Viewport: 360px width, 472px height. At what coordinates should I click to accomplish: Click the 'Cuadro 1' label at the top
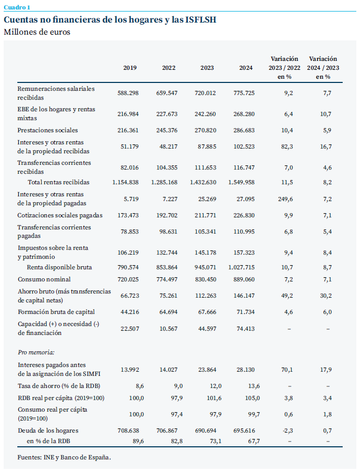[x=17, y=7]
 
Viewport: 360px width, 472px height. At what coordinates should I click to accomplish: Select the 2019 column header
[x=130, y=68]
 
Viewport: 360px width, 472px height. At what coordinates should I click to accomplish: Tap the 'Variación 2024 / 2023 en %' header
[x=323, y=68]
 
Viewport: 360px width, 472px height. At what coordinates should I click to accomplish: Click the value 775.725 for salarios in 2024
[x=244, y=93]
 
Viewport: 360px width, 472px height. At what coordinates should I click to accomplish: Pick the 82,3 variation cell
[x=287, y=146]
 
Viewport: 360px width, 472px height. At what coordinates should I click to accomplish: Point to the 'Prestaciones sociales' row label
[x=48, y=130]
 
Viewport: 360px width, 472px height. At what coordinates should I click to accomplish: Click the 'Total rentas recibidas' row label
[x=59, y=182]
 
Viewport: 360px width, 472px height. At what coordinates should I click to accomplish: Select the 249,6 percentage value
[x=285, y=199]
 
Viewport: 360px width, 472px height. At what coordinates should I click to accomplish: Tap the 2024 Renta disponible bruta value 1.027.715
[x=241, y=267]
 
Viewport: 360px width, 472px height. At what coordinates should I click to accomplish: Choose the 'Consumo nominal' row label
[x=44, y=279]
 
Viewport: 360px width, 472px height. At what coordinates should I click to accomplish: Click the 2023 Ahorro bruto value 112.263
[x=206, y=296]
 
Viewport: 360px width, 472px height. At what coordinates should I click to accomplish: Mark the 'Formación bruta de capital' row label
[x=56, y=312]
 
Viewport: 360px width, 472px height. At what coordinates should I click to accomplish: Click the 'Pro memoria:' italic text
[x=36, y=352]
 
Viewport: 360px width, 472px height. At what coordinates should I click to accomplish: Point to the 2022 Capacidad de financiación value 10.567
[x=168, y=329]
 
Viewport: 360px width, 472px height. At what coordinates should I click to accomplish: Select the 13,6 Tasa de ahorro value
[x=254, y=386]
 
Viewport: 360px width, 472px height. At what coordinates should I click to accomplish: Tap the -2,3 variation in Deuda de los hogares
[x=288, y=431]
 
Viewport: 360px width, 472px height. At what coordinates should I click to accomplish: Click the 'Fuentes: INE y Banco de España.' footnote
[x=64, y=457]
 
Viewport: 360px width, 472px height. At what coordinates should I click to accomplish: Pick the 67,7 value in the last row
[x=254, y=442]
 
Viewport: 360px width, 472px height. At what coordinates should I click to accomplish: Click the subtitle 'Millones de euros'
[x=37, y=32]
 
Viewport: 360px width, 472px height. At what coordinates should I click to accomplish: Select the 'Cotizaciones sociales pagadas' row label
[x=60, y=216]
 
